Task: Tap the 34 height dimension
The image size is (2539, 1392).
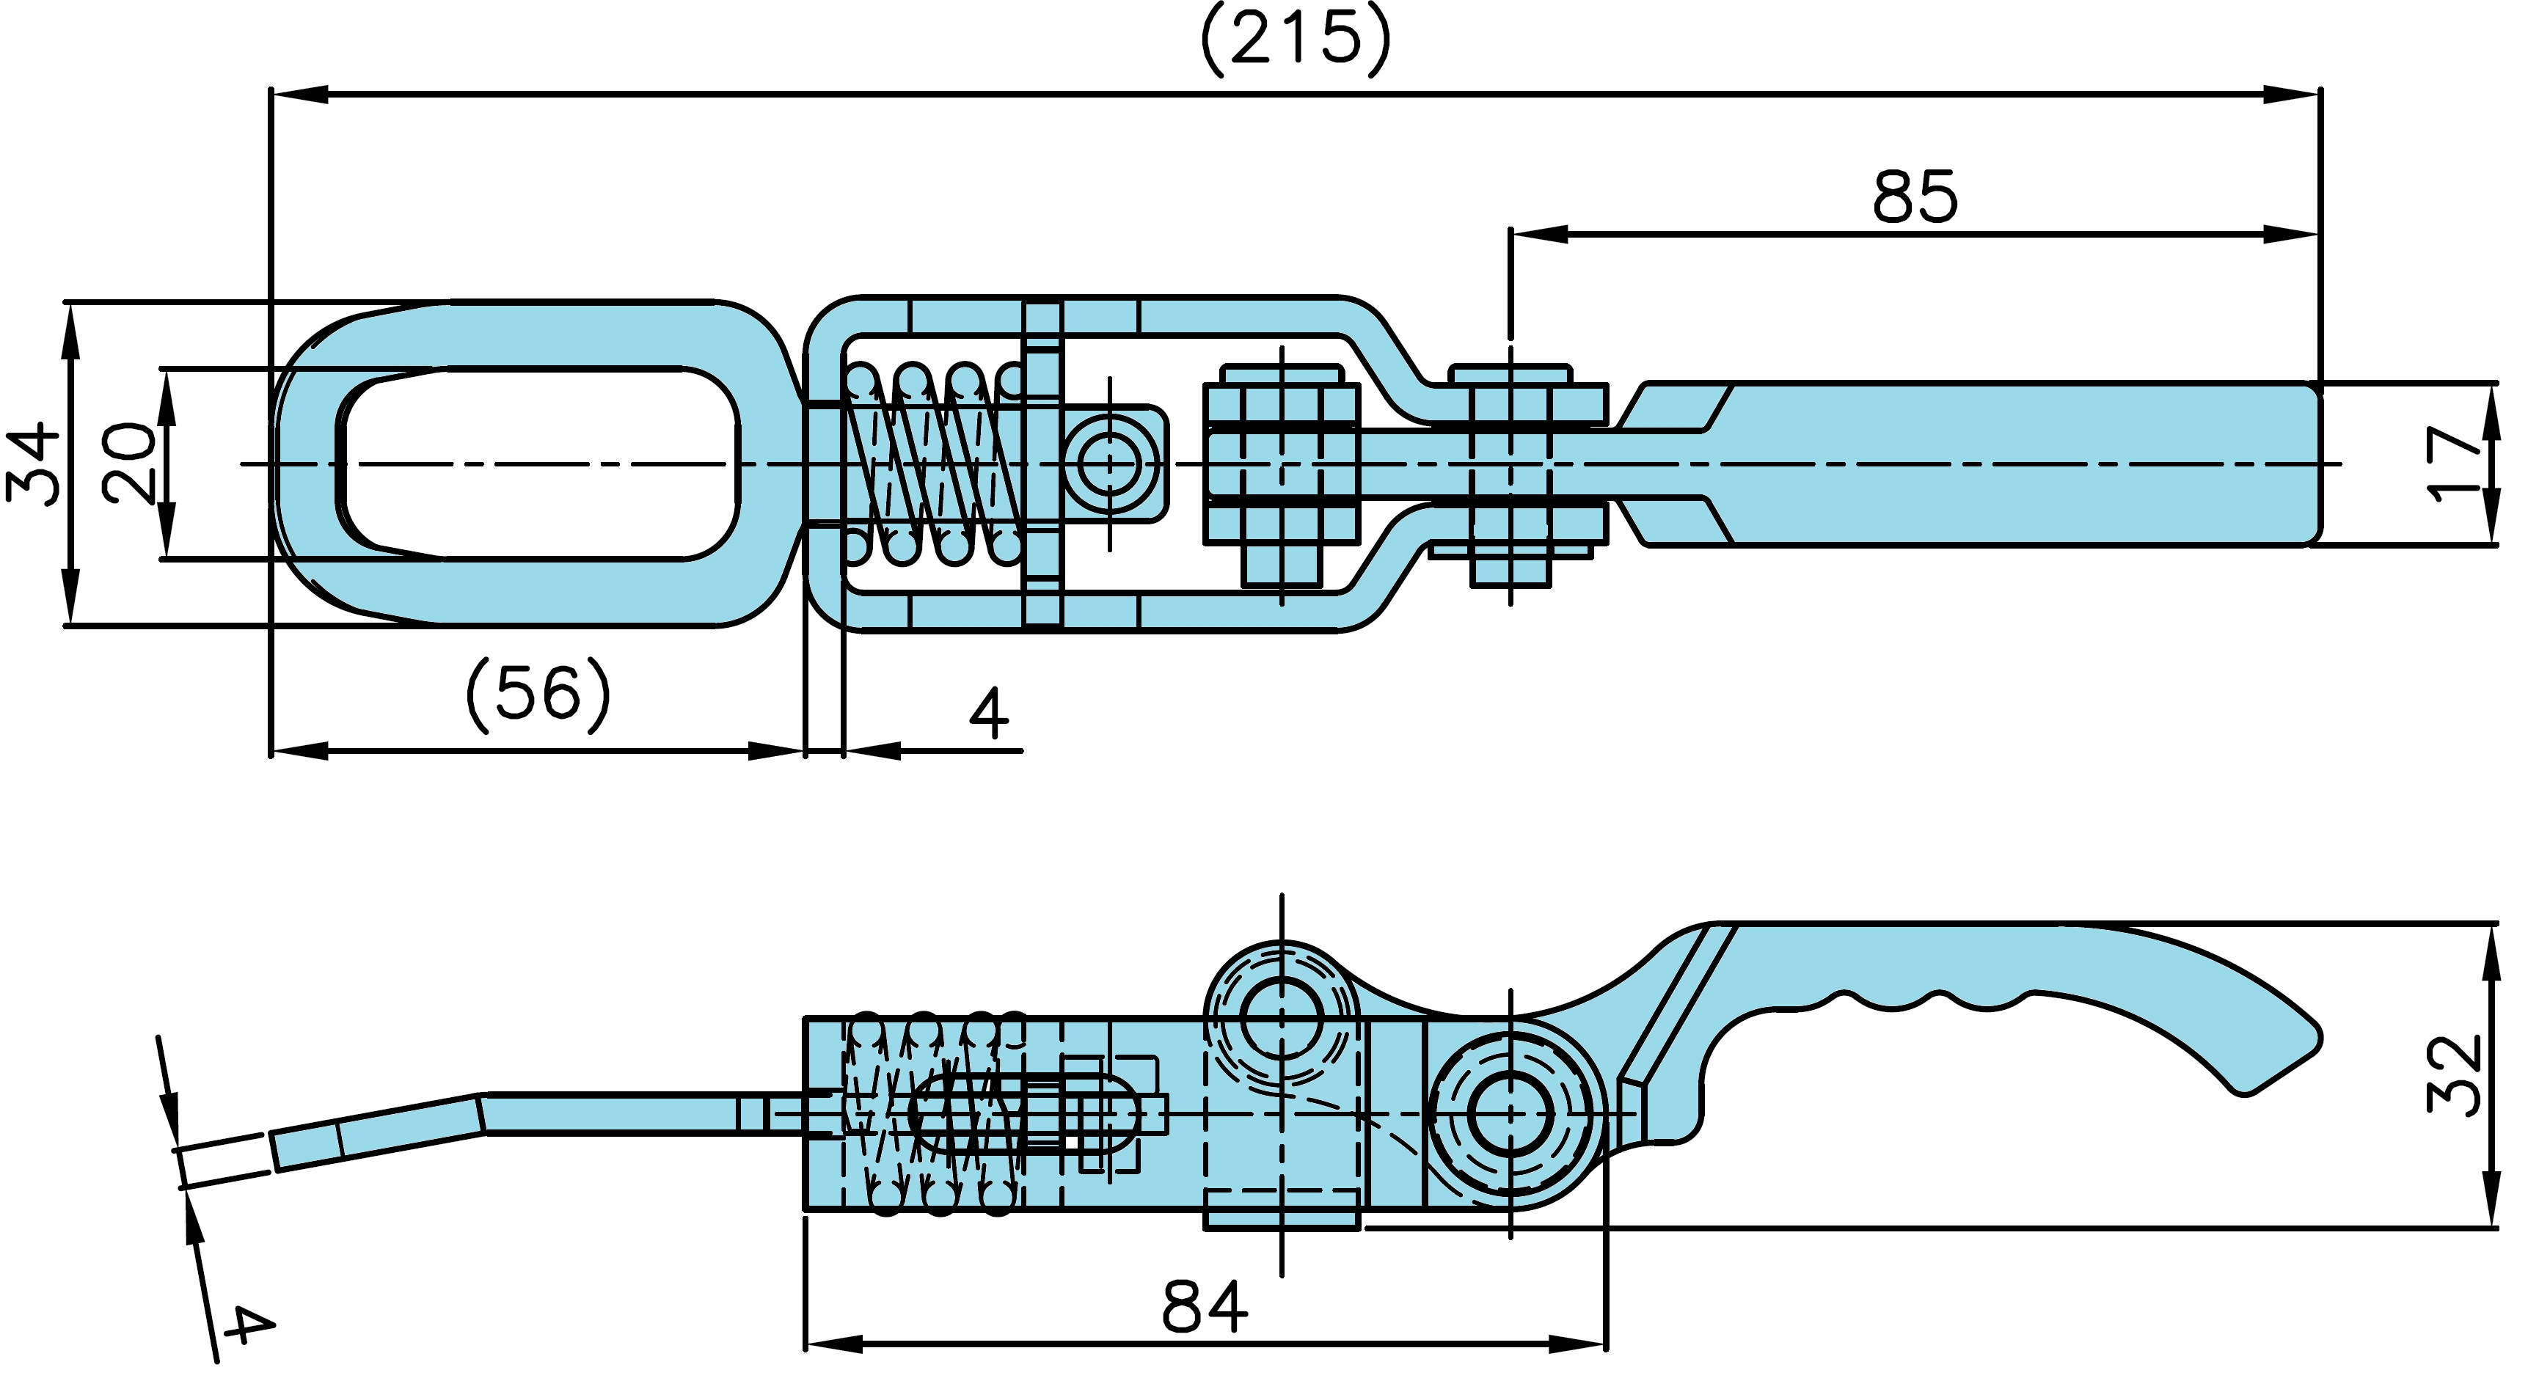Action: pyautogui.click(x=32, y=463)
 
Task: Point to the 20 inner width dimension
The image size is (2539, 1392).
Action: pyautogui.click(x=129, y=463)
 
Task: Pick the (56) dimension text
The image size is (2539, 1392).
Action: pyautogui.click(x=538, y=695)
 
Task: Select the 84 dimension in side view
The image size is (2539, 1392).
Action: pyautogui.click(x=1205, y=1308)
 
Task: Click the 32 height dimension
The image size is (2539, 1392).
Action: pyautogui.click(x=2453, y=1076)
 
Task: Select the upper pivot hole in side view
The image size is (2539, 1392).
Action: pyautogui.click(x=1282, y=1019)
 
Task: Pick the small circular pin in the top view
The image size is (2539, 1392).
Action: pyautogui.click(x=1110, y=463)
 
